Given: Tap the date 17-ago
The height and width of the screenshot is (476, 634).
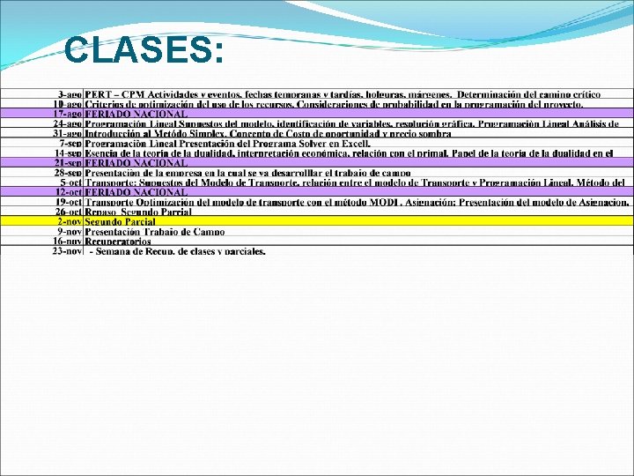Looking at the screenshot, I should [69, 114].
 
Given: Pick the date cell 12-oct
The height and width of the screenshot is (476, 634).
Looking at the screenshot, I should [69, 192].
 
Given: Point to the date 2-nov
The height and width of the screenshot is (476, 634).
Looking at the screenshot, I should [70, 221].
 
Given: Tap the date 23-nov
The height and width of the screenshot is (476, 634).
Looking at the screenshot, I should [68, 251].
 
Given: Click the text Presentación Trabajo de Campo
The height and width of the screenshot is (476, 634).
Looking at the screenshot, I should [154, 231].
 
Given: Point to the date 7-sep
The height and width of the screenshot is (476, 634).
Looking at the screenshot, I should [70, 143].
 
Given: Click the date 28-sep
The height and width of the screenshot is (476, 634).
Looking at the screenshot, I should [69, 173].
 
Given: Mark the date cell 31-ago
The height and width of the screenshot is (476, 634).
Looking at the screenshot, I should [69, 133].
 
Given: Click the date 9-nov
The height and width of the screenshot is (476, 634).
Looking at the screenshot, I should [70, 231].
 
